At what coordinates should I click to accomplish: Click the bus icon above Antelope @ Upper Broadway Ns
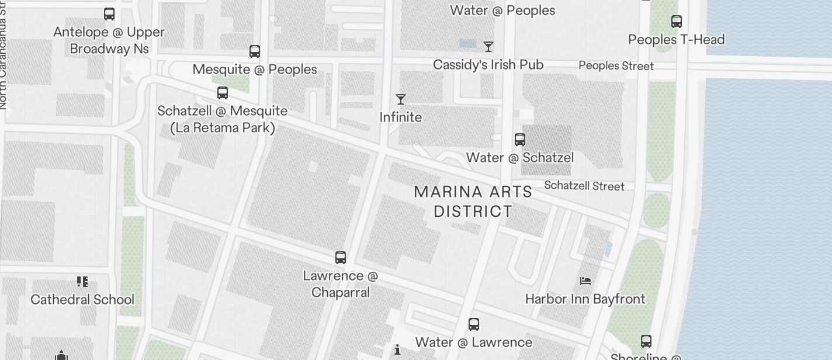click(109, 14)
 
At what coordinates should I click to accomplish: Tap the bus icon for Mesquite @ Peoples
click(255, 51)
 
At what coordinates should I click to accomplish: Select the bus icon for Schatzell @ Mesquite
click(223, 93)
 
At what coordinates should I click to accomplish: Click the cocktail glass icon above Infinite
click(401, 99)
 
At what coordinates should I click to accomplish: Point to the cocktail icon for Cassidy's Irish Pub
click(488, 47)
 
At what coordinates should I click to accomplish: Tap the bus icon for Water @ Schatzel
click(520, 140)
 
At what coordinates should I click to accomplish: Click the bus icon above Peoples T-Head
click(677, 22)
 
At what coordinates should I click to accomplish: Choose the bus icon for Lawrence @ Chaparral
click(341, 257)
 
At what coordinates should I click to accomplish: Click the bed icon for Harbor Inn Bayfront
click(585, 281)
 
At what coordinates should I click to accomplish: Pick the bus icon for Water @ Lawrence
click(474, 324)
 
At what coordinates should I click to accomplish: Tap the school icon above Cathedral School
click(82, 282)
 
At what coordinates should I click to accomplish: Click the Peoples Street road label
click(616, 65)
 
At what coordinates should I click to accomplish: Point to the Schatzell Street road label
click(584, 186)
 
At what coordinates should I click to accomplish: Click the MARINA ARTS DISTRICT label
click(473, 201)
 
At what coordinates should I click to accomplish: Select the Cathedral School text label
click(82, 300)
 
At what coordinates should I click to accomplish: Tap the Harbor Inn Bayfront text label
click(585, 299)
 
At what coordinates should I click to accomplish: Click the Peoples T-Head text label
click(677, 40)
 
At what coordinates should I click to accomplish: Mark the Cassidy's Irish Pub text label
click(488, 65)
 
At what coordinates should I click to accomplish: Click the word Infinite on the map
click(401, 117)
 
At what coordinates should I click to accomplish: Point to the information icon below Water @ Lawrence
click(397, 350)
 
